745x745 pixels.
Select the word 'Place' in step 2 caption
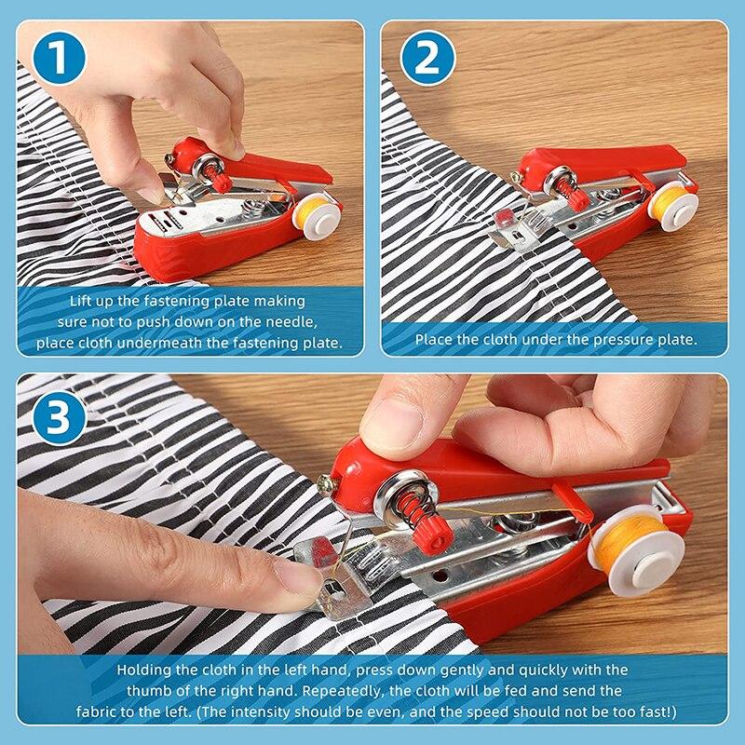point(434,340)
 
